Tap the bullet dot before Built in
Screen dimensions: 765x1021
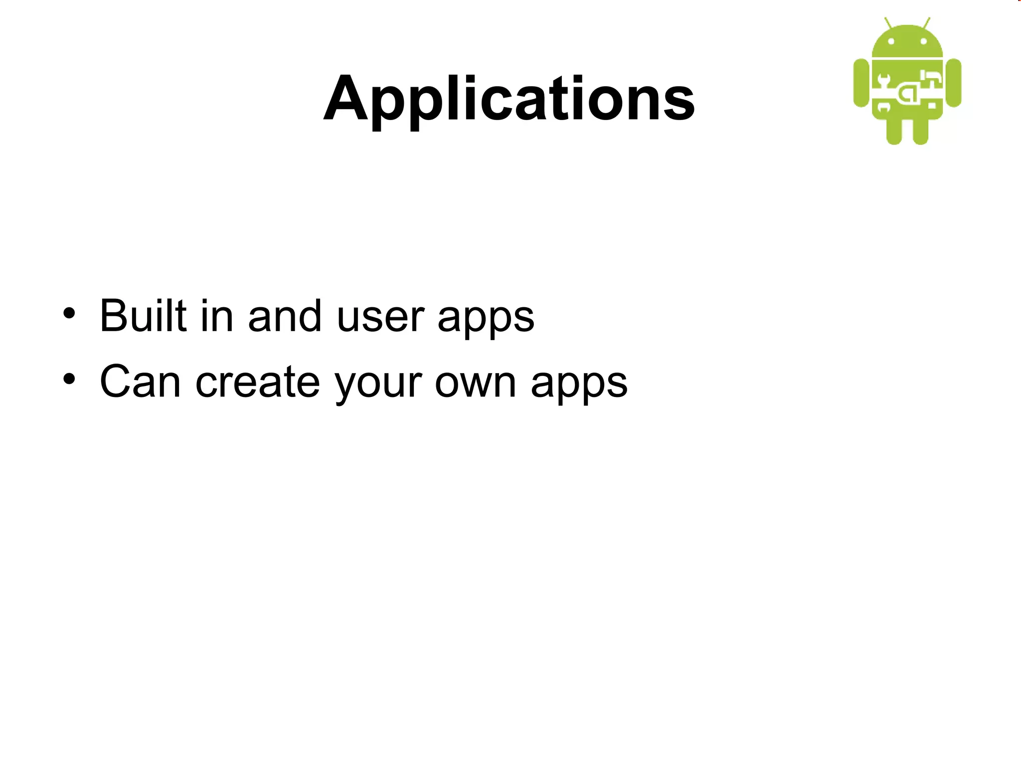pyautogui.click(x=69, y=314)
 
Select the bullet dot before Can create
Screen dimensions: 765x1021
pyautogui.click(x=69, y=380)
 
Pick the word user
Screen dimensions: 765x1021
pyautogui.click(x=380, y=317)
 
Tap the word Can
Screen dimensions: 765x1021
pyautogui.click(x=140, y=382)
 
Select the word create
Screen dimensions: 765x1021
pyautogui.click(x=258, y=382)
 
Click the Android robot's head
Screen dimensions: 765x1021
pyautogui.click(x=907, y=43)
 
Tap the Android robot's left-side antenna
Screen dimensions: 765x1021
pyautogui.click(x=888, y=23)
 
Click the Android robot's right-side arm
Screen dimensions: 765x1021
pyautogui.click(x=953, y=83)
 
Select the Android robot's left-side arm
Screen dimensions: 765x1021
pyautogui.click(x=861, y=83)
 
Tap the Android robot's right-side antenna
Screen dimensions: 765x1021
pyautogui.click(x=927, y=23)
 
